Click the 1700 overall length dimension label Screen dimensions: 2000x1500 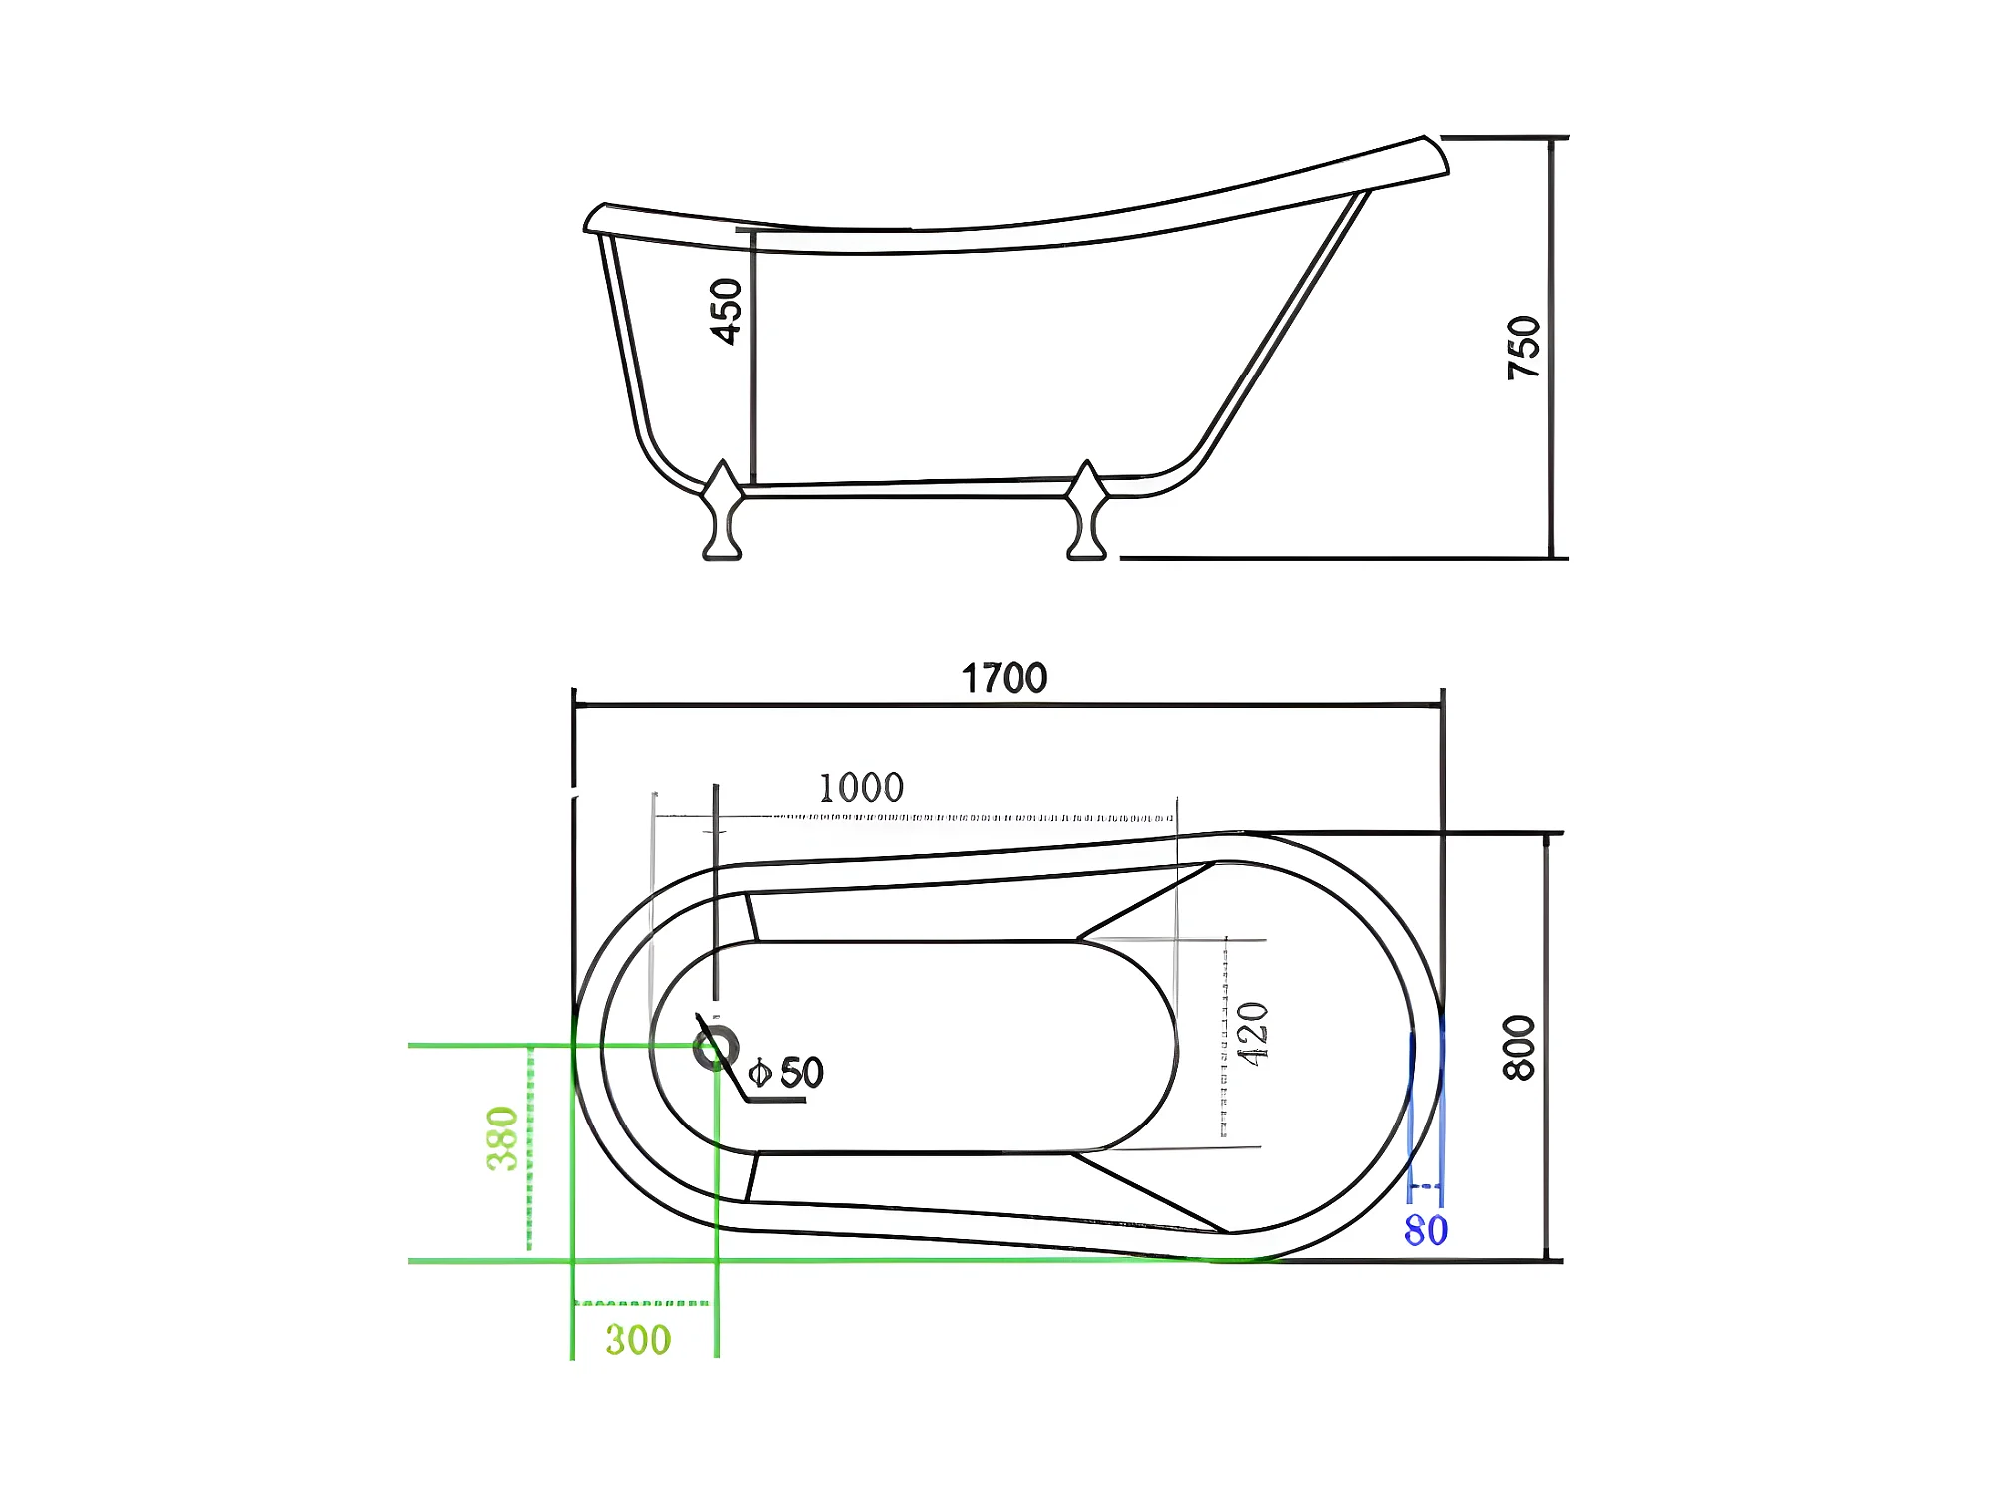(x=1003, y=678)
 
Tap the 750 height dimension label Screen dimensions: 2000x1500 (x=1524, y=347)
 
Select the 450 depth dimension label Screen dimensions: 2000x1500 (x=726, y=311)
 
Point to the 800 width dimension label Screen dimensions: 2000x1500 (x=1519, y=1047)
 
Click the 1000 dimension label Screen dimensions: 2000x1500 (x=861, y=788)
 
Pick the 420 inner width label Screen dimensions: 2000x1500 (x=1252, y=1034)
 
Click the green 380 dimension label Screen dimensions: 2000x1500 (x=502, y=1137)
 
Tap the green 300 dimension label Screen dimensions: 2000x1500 (x=638, y=1340)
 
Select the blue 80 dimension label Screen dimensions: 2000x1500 (x=1426, y=1230)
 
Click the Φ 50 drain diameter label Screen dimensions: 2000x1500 (x=786, y=1073)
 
